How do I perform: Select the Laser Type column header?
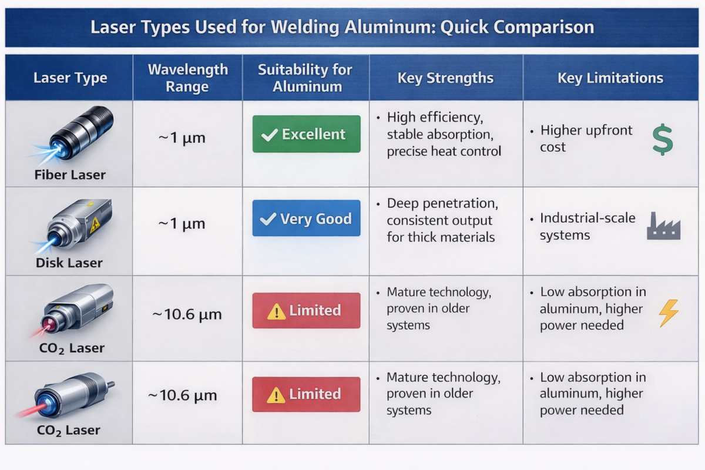point(70,78)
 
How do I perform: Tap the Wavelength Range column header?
point(187,78)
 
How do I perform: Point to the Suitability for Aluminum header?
point(305,78)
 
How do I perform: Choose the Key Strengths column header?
point(445,78)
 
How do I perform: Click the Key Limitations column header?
point(610,78)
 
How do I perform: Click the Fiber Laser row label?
point(70,174)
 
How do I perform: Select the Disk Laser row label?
point(69,263)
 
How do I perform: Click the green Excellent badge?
point(306,135)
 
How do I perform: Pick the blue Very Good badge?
point(306,219)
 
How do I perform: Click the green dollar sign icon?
point(663,139)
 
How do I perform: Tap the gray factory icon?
point(663,226)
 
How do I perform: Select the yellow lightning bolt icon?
point(668,313)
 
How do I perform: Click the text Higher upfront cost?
point(586,139)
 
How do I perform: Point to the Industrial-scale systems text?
point(587,226)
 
